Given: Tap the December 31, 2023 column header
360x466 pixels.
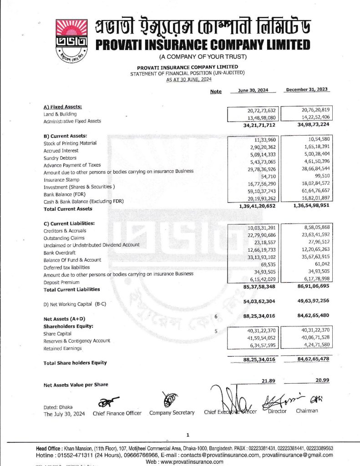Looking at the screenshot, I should tap(307, 90).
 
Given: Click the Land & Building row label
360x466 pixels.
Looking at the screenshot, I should tap(60, 114).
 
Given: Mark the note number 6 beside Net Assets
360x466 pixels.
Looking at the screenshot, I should tap(216, 316).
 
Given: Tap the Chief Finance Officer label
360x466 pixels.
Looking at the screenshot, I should tap(117, 413).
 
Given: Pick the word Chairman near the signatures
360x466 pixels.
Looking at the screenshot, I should tap(307, 410).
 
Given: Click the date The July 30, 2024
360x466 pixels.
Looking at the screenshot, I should tap(64, 414).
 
